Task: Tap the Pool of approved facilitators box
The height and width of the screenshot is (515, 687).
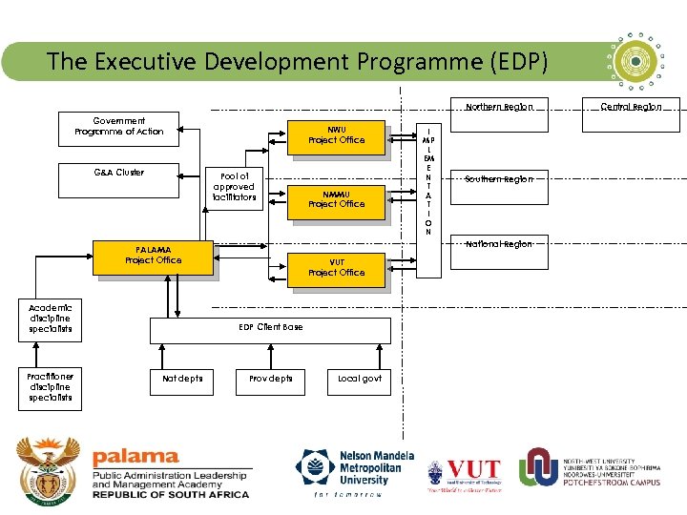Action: coord(235,187)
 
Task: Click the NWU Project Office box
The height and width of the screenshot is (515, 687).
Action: coord(336,134)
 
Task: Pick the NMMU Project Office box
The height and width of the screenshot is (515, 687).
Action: coord(336,198)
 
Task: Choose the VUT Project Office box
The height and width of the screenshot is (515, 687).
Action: coord(336,267)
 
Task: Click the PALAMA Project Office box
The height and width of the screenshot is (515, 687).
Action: coord(153,256)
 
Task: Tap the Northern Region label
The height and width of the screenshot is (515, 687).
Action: coord(499,107)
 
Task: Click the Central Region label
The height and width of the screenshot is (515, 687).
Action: coord(630,107)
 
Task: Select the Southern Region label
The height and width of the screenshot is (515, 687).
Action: coord(499,179)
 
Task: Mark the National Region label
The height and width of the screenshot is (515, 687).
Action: coord(498,244)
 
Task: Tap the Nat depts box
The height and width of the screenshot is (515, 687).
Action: coord(182,379)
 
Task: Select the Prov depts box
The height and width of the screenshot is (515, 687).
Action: coord(270,379)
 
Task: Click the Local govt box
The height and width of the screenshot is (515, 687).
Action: coord(359,379)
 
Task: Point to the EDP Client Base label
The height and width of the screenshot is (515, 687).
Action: coord(271,327)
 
